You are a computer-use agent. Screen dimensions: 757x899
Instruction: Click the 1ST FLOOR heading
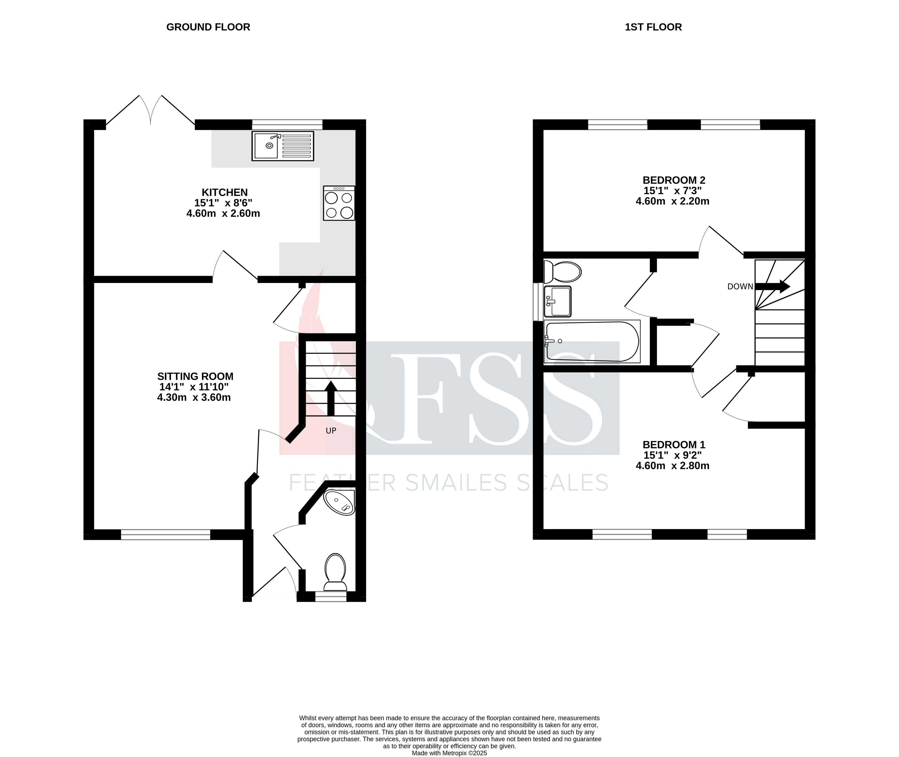pyautogui.click(x=653, y=27)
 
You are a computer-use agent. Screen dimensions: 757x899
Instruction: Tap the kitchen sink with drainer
pyautogui.click(x=283, y=146)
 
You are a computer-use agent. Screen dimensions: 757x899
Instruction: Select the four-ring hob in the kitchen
pyautogui.click(x=339, y=203)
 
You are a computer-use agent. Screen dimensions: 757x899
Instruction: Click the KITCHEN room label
pyautogui.click(x=225, y=192)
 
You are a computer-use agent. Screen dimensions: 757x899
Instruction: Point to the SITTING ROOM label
pyautogui.click(x=195, y=376)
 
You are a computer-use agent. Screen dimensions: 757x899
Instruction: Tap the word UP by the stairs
pyautogui.click(x=331, y=430)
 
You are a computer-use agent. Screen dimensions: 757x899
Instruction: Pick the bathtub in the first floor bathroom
pyautogui.click(x=592, y=342)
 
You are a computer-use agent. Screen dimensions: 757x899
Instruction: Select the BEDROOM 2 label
pyautogui.click(x=673, y=180)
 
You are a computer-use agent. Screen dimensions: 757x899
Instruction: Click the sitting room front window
pyautogui.click(x=165, y=534)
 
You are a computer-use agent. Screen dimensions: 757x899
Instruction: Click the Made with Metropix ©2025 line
pyautogui.click(x=449, y=753)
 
